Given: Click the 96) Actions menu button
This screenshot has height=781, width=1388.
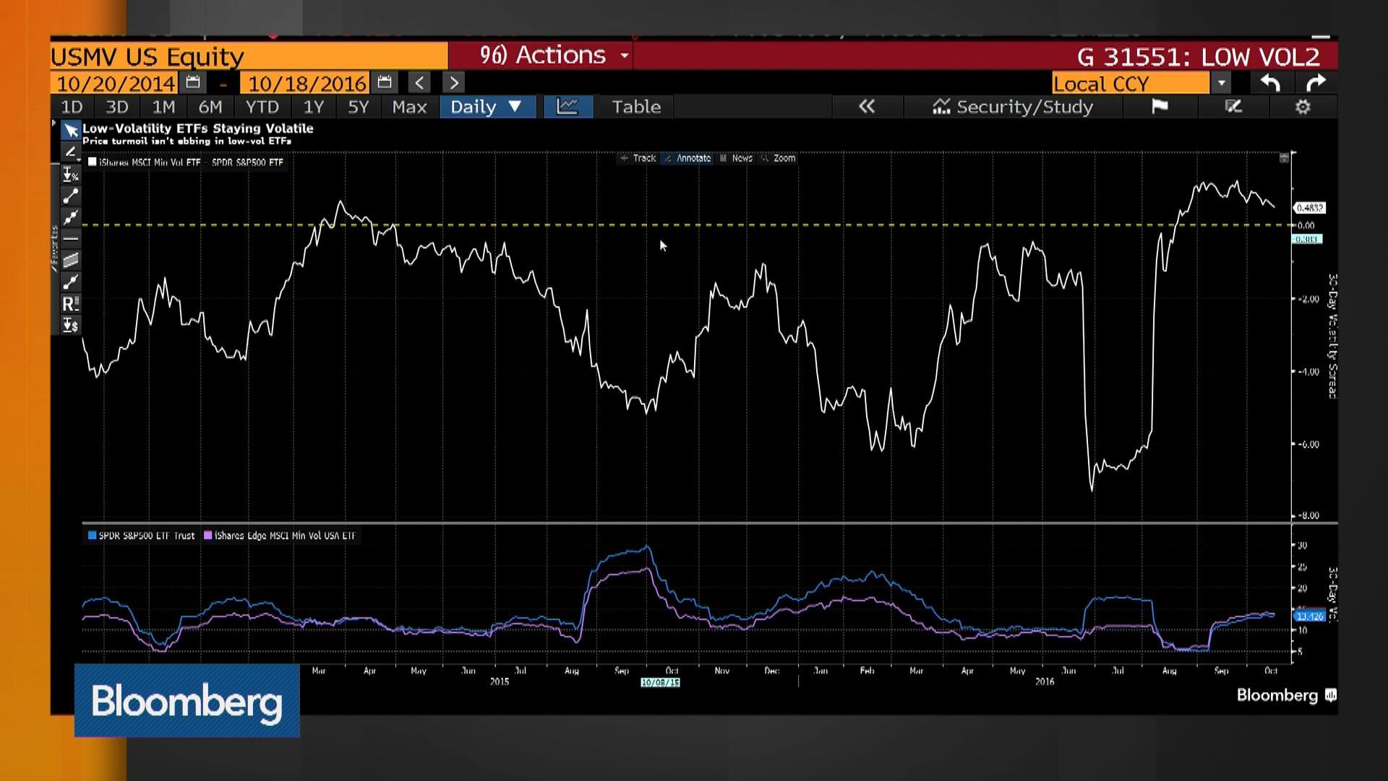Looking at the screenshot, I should pos(553,56).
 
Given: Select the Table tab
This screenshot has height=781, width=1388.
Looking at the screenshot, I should pos(636,107).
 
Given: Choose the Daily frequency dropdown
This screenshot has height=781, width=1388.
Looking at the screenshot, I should pos(486,107).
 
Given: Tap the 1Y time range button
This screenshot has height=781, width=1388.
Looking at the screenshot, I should pos(313,107).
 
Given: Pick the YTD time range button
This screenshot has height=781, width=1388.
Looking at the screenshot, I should pos(262,107).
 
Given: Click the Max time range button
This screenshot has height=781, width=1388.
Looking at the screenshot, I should pos(409,107).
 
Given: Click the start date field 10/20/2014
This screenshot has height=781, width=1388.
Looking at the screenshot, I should pos(116,83).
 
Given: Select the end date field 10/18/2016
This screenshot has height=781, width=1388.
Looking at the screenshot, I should pos(307,83).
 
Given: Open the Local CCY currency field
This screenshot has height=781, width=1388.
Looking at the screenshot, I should pos(1131,83).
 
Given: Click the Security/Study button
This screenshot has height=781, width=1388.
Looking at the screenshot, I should pos(1013,107).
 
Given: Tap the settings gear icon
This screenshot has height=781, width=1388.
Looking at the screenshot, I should pos(1303,107).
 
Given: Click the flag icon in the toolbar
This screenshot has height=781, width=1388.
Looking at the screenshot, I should pos(1160,107).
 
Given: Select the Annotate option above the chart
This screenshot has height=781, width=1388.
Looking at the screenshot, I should pos(693,158).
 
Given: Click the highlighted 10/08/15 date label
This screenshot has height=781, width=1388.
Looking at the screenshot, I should pos(660,683).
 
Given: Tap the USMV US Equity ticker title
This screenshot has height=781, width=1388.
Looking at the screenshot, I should pos(147,56).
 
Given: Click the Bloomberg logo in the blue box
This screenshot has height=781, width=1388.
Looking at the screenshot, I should pos(187,701).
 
